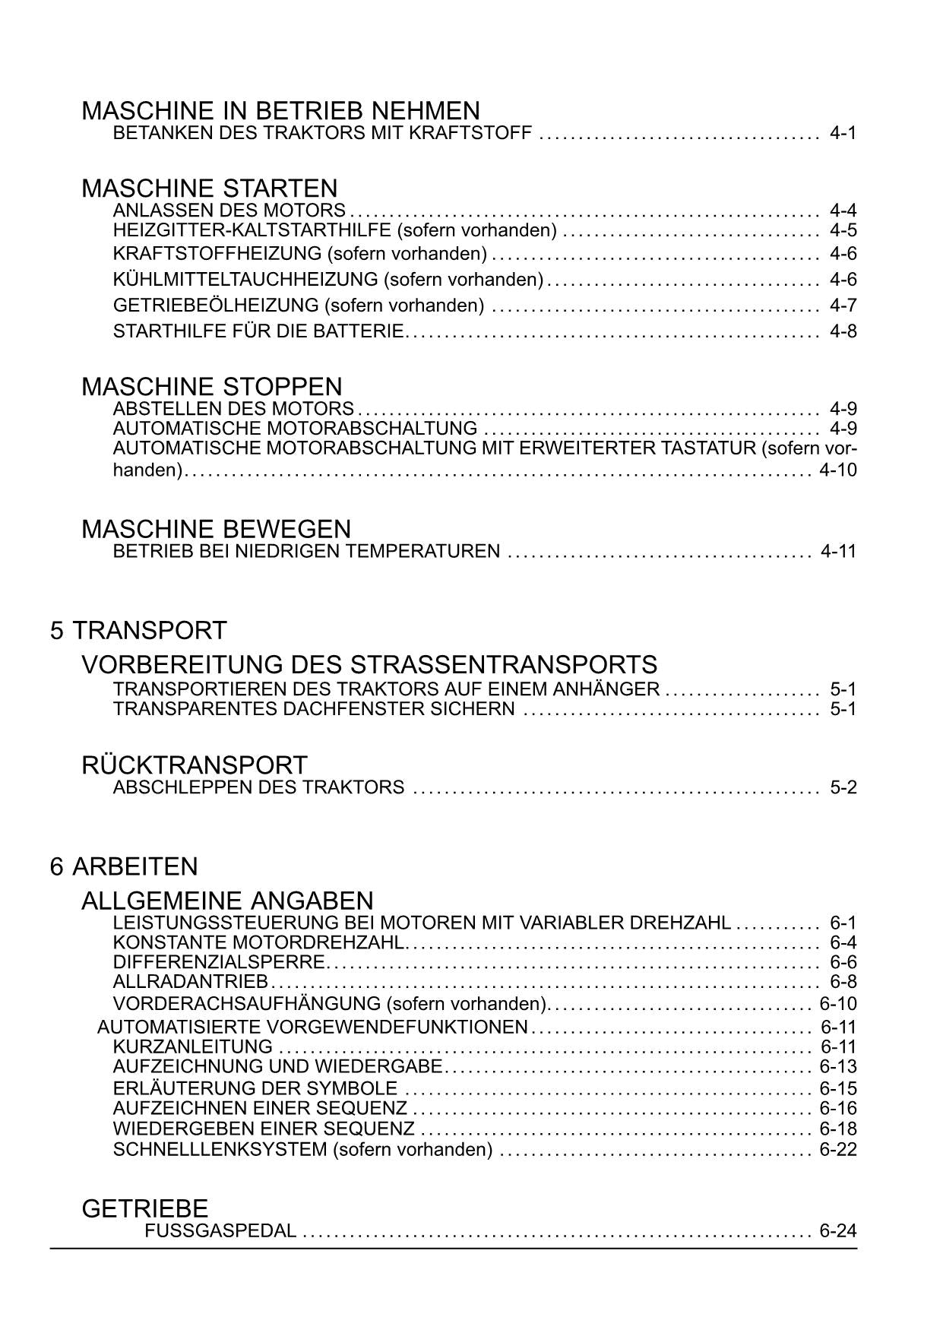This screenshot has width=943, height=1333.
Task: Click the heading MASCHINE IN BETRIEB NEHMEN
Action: click(x=280, y=111)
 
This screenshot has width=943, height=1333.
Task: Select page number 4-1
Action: click(x=843, y=134)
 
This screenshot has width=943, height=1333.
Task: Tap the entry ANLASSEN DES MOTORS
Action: click(x=229, y=211)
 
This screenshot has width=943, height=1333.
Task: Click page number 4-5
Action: click(x=843, y=230)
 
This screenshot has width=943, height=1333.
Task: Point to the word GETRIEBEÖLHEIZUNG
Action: click(x=216, y=306)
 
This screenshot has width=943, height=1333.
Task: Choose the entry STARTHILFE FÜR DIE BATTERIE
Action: click(x=258, y=331)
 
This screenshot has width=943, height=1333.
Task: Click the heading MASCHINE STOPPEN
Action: click(x=211, y=386)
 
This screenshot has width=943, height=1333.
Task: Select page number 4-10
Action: click(x=838, y=470)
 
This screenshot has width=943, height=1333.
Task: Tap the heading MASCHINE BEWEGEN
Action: click(x=216, y=529)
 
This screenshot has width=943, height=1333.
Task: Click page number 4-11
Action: click(x=838, y=552)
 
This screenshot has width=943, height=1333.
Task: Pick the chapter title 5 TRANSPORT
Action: click(x=138, y=631)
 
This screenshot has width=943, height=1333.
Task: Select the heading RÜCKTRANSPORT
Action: click(x=194, y=765)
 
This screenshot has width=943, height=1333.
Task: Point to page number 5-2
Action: click(x=843, y=787)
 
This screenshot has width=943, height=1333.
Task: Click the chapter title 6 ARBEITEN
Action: click(x=124, y=867)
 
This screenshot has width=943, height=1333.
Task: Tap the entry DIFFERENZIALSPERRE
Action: click(x=219, y=962)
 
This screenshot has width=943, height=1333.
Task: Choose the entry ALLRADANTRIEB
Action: click(x=190, y=982)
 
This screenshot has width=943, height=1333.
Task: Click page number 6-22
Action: click(x=838, y=1150)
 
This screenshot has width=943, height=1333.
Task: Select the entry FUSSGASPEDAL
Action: click(x=220, y=1231)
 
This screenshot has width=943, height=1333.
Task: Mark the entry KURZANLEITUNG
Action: click(x=192, y=1047)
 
